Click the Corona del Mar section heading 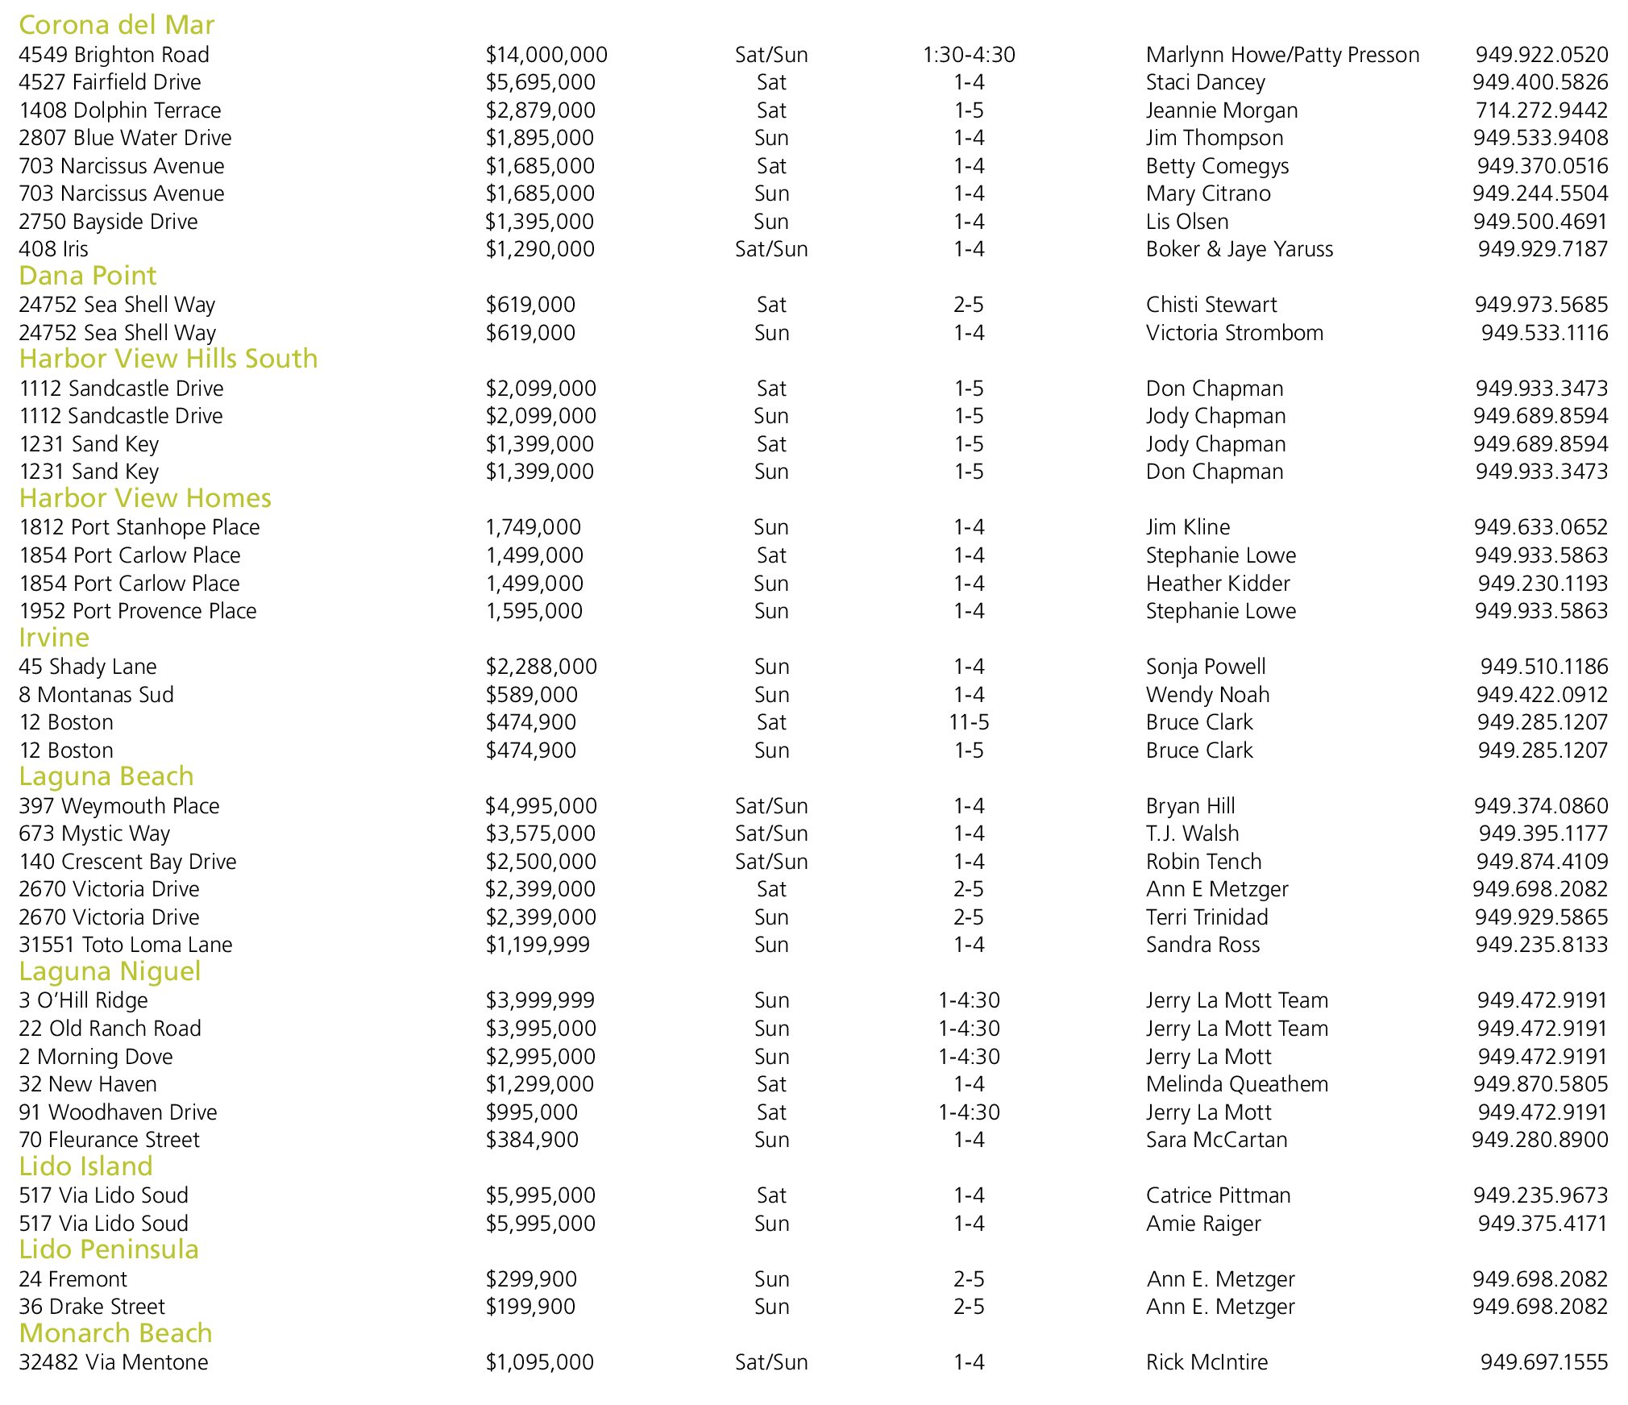[x=116, y=25]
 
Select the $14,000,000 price [x=546, y=55]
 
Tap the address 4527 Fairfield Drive [x=110, y=82]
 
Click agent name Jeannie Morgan [x=1222, y=110]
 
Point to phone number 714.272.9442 [x=1541, y=110]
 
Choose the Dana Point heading [x=87, y=276]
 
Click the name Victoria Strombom [x=1235, y=333]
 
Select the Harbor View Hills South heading [x=168, y=359]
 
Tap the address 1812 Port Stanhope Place [x=139, y=527]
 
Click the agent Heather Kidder [x=1218, y=584]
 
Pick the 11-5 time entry [x=969, y=722]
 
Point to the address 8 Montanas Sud [x=96, y=695]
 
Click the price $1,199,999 [x=538, y=945]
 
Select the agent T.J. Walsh [x=1192, y=833]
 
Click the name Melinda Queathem [x=1237, y=1084]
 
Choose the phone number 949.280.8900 [x=1539, y=1140]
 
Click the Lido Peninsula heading [x=109, y=1249]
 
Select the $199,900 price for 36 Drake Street [x=530, y=1307]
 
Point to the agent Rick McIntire [x=1206, y=1362]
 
